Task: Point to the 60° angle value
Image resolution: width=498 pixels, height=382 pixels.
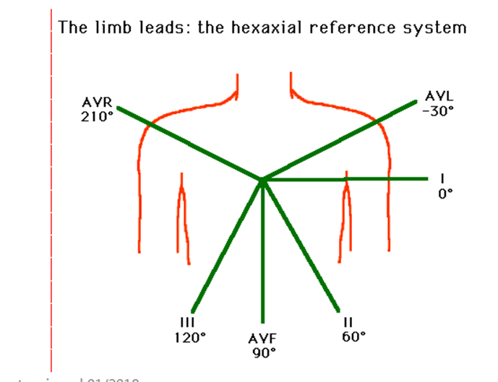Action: coord(352,336)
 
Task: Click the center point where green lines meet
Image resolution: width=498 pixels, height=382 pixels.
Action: coord(262,179)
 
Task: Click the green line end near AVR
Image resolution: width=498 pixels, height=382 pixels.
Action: coord(119,108)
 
